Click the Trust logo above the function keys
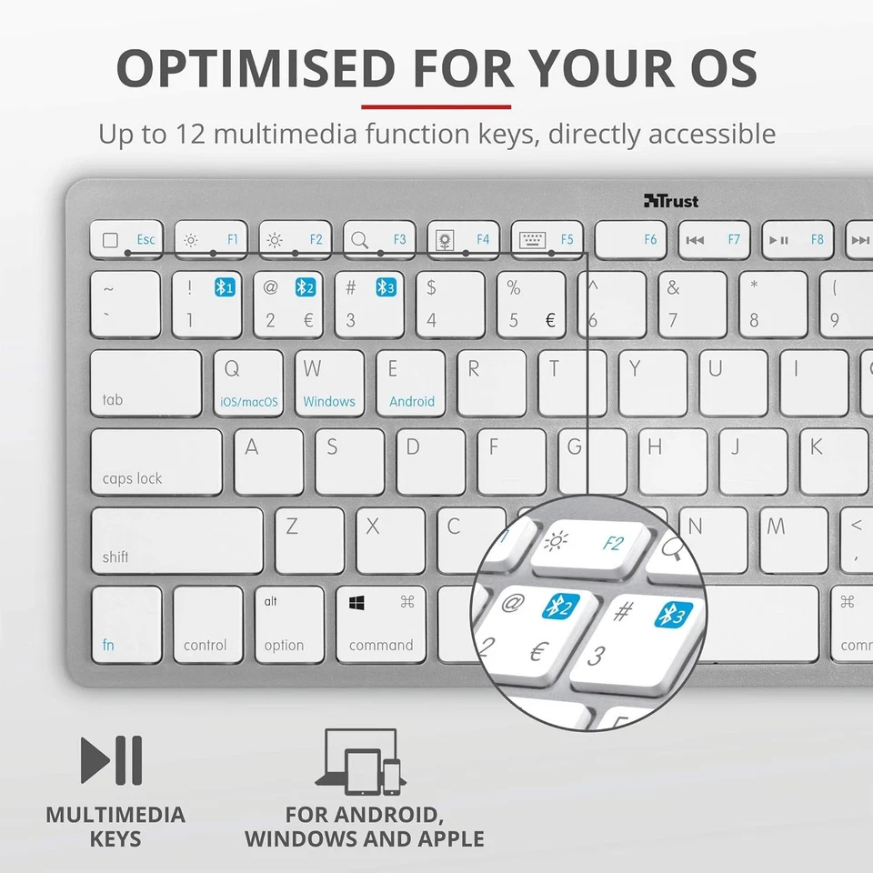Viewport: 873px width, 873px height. coord(671,201)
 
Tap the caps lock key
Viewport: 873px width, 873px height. coord(156,462)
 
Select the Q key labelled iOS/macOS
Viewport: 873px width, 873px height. coord(248,383)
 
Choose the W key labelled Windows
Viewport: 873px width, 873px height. coord(329,383)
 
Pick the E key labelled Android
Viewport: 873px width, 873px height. coord(411,383)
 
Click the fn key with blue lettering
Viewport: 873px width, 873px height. coord(126,624)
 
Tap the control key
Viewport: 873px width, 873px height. coord(208,624)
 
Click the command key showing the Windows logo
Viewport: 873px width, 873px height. coord(381,624)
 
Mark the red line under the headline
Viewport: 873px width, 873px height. coord(436,107)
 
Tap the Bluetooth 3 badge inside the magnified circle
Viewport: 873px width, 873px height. coord(674,615)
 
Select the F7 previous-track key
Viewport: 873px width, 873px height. coord(715,240)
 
